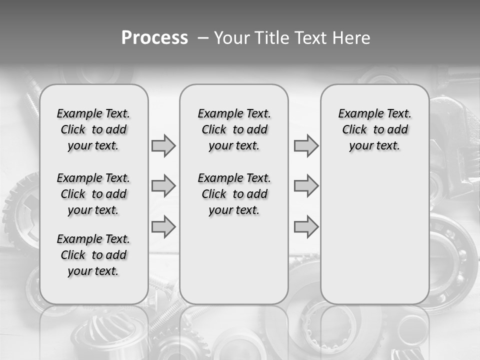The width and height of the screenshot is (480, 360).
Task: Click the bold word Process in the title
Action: point(154,38)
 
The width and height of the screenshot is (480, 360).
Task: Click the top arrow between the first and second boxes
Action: point(163,145)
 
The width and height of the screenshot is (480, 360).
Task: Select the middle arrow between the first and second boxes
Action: point(163,186)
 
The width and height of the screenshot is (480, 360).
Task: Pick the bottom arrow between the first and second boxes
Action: point(163,226)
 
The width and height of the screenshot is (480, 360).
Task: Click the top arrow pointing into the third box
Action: point(306,145)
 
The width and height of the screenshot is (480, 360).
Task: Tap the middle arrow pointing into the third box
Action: point(306,186)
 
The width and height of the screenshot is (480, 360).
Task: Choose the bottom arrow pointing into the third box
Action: point(306,226)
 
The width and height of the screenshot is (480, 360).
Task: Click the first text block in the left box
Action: point(93,129)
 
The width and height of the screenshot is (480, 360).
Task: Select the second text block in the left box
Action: point(93,194)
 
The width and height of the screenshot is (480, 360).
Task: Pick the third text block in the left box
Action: point(93,255)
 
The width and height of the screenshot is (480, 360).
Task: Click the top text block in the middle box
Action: point(234,129)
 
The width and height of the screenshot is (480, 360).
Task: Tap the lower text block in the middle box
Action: point(234,194)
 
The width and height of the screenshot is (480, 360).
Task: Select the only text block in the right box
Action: point(374,129)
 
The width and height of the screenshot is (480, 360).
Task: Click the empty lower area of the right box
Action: point(374,235)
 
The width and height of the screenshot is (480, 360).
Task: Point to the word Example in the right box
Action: point(356,114)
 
